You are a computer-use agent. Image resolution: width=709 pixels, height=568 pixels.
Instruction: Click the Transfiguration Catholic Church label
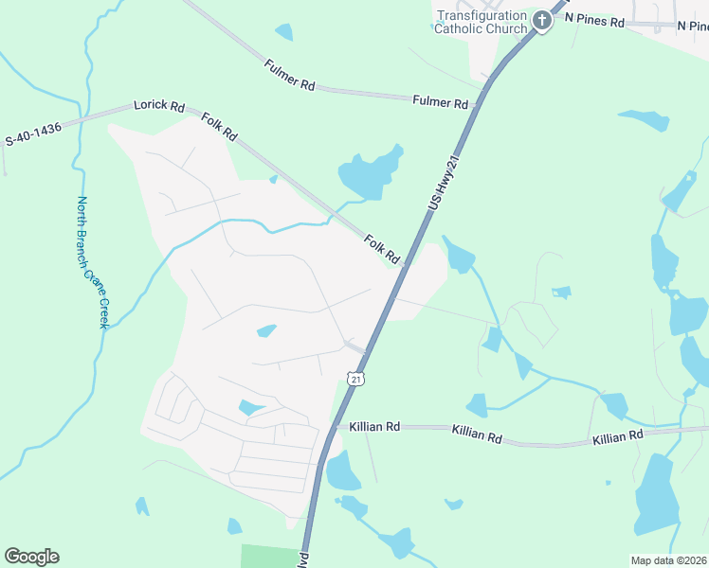tap(481, 22)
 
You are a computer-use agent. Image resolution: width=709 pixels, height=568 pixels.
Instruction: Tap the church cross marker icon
tap(542, 20)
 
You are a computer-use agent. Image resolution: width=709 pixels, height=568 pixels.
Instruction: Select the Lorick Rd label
tap(158, 105)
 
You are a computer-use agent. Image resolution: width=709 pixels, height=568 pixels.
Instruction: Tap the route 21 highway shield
tap(355, 379)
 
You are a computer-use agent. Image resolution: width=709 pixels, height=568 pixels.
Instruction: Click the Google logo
tap(31, 557)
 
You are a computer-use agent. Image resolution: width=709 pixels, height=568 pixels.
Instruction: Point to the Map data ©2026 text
tap(669, 560)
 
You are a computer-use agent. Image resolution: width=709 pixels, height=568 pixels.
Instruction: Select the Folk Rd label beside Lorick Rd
tap(219, 127)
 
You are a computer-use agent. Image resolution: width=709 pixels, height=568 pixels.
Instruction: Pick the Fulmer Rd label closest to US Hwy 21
tap(440, 102)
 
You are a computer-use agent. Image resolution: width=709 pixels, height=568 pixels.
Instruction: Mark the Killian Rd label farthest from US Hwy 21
tap(617, 436)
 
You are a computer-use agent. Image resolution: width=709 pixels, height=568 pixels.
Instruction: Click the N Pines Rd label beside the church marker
tap(594, 19)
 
